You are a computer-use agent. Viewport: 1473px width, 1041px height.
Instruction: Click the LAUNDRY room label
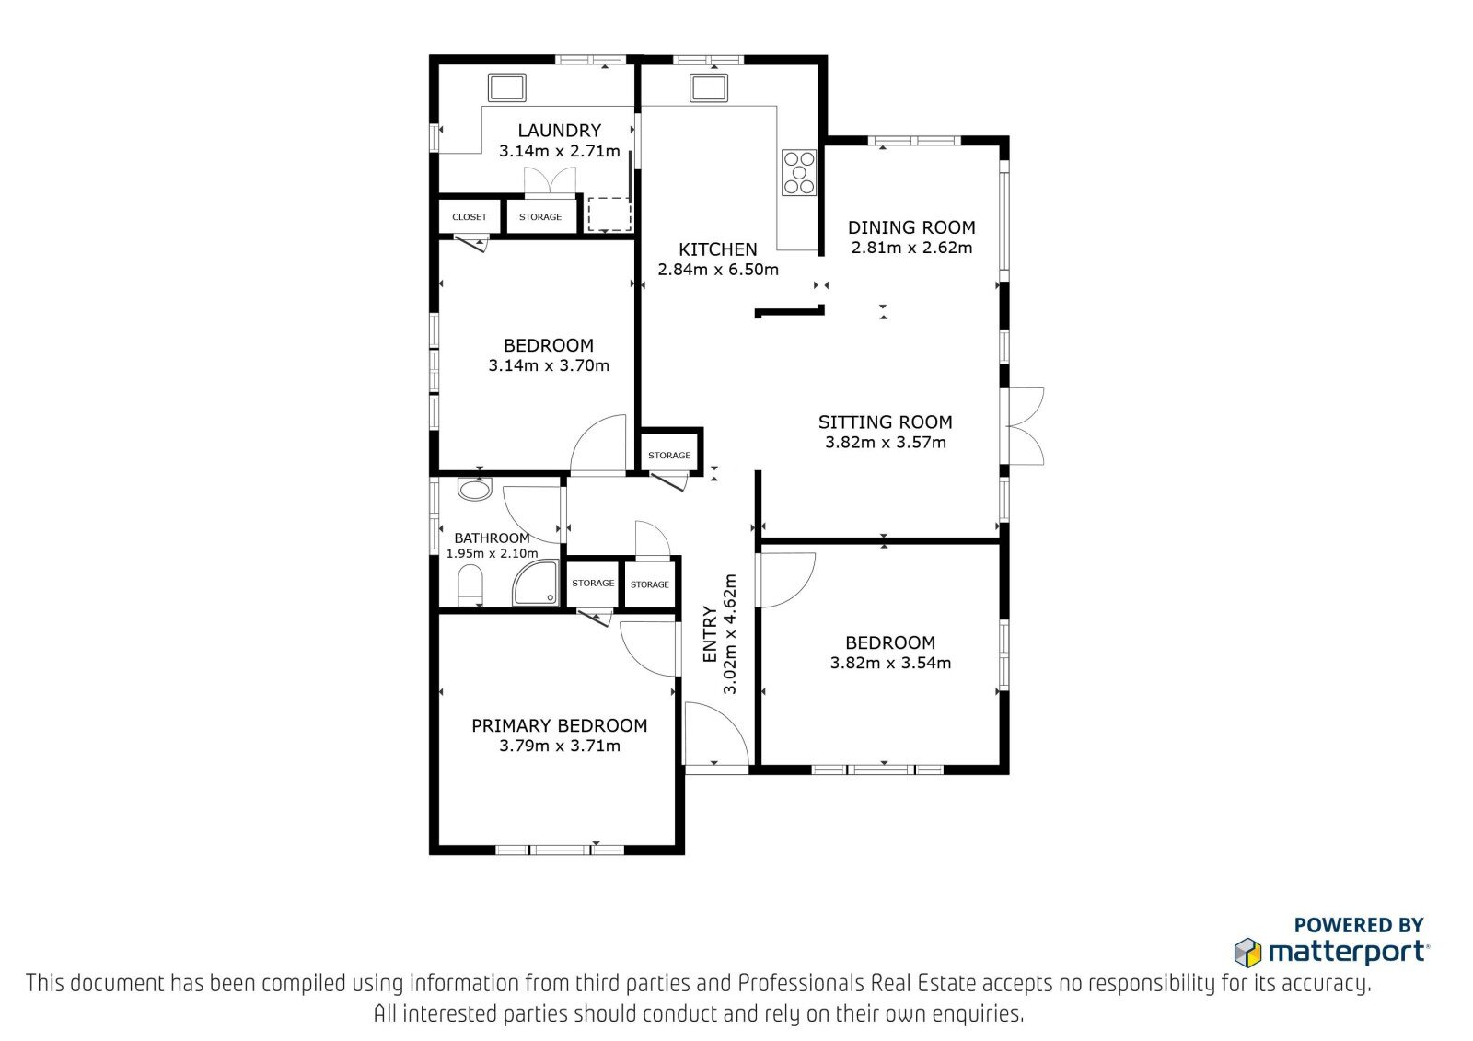[559, 130]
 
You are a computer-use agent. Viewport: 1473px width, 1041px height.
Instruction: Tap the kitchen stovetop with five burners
[799, 172]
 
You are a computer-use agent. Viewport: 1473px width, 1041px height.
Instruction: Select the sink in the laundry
[507, 88]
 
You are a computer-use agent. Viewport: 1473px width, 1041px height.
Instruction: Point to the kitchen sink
[709, 88]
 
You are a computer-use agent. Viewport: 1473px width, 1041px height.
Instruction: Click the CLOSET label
[470, 217]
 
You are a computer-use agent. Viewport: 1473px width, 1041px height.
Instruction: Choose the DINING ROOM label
[911, 227]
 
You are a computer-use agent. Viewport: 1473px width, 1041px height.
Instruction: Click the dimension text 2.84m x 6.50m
[718, 270]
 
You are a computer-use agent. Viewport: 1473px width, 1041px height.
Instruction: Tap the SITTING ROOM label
[885, 422]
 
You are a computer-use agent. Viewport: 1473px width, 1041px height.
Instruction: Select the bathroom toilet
[470, 584]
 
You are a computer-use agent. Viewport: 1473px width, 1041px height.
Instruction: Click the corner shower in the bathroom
[536, 583]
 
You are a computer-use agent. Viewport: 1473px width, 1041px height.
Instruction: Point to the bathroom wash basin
[474, 490]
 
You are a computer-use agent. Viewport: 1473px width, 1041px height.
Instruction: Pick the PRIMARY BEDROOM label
[560, 726]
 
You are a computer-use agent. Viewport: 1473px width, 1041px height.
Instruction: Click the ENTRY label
[710, 634]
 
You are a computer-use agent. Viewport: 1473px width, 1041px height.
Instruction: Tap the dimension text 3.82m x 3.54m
[890, 663]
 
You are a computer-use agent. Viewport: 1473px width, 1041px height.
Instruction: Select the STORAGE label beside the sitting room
[669, 455]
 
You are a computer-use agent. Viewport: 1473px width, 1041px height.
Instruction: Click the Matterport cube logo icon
[1247, 953]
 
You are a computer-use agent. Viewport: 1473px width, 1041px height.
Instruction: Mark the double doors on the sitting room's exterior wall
[1025, 427]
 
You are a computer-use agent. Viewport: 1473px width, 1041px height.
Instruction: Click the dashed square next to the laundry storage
[609, 214]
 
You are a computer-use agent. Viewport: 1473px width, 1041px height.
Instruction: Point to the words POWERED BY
[1359, 925]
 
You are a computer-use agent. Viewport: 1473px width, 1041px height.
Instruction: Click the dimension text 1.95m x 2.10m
[492, 554]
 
